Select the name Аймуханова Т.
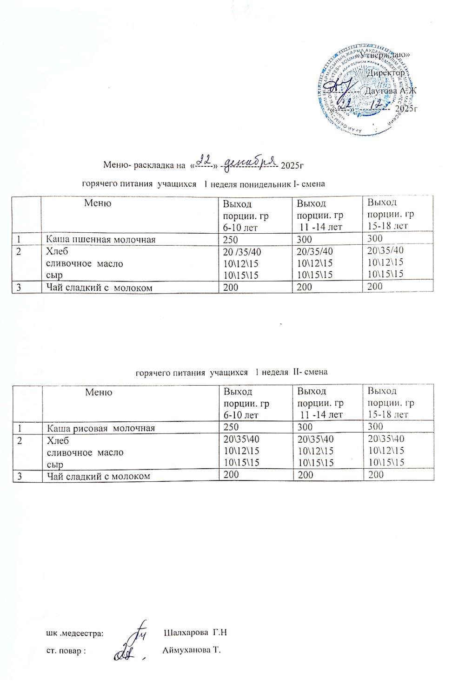pyautogui.click(x=191, y=650)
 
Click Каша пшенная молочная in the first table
pyautogui.click(x=100, y=240)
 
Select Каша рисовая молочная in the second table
pyautogui.click(x=101, y=428)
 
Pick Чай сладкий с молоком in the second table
pyautogui.click(x=99, y=476)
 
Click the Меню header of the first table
pyautogui.click(x=98, y=203)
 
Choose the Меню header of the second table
pyautogui.click(x=99, y=392)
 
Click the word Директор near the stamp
pyautogui.click(x=385, y=73)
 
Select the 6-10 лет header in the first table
pyautogui.click(x=240, y=228)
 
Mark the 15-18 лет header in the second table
pyautogui.click(x=388, y=414)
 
